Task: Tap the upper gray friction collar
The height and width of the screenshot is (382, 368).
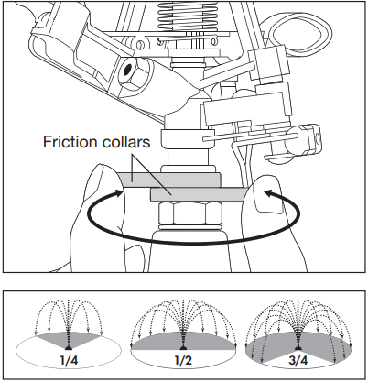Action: tap(169, 180)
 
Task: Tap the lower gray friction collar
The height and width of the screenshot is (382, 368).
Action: tap(199, 195)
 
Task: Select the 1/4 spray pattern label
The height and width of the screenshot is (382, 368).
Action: tap(69, 361)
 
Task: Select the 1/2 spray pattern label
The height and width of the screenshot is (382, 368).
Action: tap(183, 361)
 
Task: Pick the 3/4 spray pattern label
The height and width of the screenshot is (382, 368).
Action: tap(298, 361)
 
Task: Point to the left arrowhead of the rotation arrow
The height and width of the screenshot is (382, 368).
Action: tap(120, 192)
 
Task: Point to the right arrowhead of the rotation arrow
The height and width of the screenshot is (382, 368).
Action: tap(267, 193)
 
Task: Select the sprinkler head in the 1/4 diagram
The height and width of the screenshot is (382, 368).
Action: tap(69, 347)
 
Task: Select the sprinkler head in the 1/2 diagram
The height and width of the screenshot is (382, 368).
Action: tap(183, 347)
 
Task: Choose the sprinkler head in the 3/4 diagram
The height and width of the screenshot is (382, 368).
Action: tap(298, 347)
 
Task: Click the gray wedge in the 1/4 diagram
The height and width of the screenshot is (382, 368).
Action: tap(69, 338)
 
